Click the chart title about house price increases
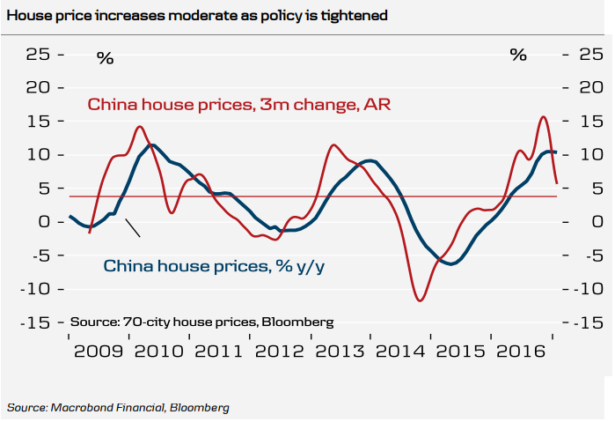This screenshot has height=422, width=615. click(197, 16)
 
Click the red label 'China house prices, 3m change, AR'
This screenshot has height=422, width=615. click(238, 105)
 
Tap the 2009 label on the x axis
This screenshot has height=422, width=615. click(97, 352)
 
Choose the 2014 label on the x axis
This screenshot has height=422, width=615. click(400, 352)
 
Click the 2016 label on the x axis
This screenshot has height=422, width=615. click(521, 352)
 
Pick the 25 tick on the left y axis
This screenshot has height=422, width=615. click(38, 55)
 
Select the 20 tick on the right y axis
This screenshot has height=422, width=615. click(590, 88)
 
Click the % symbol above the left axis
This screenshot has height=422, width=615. click(106, 58)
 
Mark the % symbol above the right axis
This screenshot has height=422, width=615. click(518, 55)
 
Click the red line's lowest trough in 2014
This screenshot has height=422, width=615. click(420, 301)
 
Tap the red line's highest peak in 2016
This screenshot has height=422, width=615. click(543, 117)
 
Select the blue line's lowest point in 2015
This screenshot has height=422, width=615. click(451, 263)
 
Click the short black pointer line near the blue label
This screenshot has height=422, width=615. click(133, 227)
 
